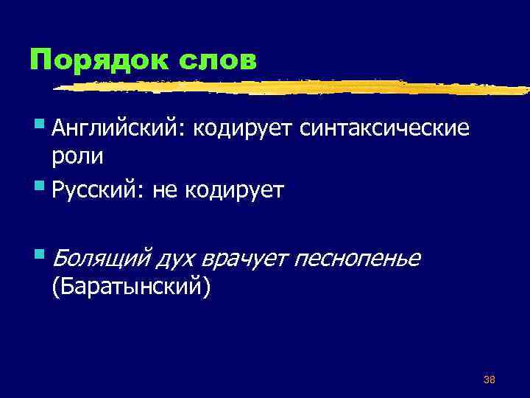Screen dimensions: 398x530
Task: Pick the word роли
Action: pos(77,157)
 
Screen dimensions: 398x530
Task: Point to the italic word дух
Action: pos(179,258)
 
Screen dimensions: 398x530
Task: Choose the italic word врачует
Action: pos(251,258)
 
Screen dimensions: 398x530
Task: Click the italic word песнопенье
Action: pos(358,258)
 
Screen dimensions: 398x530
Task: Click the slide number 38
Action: pos(489,380)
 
